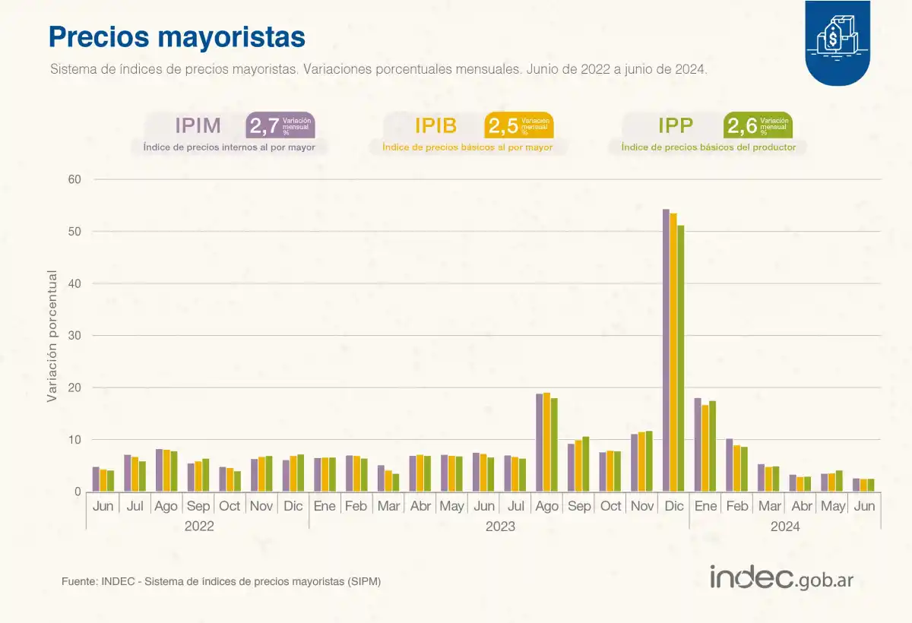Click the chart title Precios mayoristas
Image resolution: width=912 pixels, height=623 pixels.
(x=177, y=36)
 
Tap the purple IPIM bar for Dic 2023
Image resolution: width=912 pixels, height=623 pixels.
(x=666, y=350)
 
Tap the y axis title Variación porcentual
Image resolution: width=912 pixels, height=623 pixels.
(x=52, y=335)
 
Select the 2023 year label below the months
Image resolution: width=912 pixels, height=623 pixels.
(x=499, y=526)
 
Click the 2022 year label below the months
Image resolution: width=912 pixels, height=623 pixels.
(x=199, y=526)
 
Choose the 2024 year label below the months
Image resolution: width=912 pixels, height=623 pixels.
(x=784, y=526)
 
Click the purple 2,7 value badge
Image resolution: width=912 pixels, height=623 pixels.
(x=279, y=125)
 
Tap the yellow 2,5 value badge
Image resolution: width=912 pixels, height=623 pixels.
(x=518, y=125)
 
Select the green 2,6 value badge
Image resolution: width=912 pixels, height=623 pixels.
(x=758, y=125)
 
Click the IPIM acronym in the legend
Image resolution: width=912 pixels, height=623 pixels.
(x=198, y=125)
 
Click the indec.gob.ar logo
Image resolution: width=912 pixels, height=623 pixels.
(x=781, y=577)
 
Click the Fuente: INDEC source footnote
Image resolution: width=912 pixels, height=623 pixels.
(x=221, y=581)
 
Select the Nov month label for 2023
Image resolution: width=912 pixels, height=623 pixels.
(x=642, y=506)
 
